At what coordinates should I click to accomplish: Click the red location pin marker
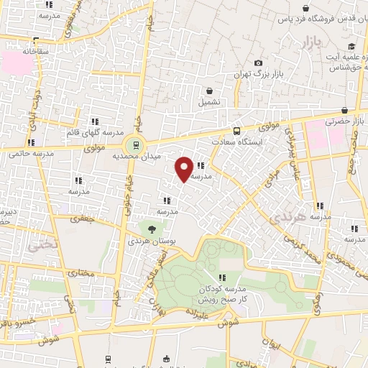[184, 169]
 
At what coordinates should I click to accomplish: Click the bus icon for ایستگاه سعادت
[236, 131]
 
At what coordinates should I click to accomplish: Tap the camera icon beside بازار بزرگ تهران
[259, 63]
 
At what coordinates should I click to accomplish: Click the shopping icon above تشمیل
[208, 91]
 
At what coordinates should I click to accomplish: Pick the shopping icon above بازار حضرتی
[346, 110]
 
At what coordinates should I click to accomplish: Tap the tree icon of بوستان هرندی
[152, 229]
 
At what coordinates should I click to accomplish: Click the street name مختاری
[80, 273]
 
